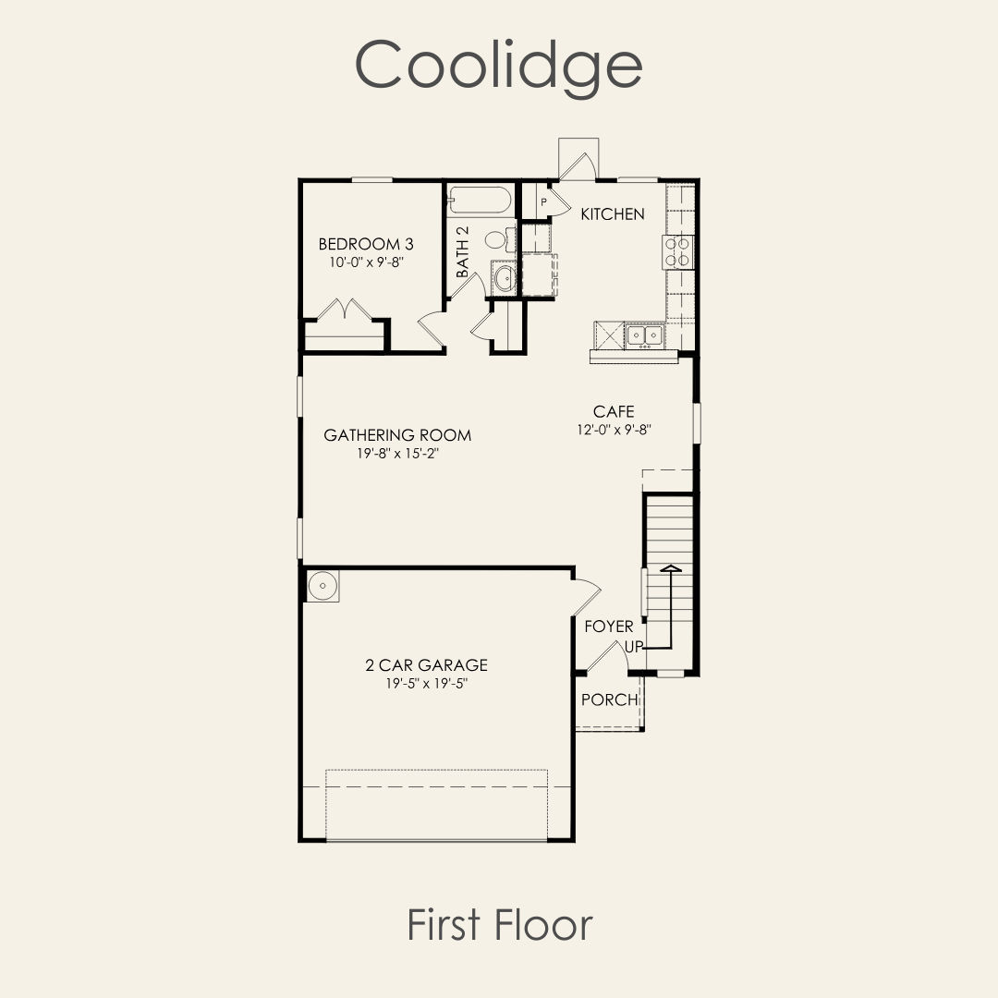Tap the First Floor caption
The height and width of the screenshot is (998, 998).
point(500,925)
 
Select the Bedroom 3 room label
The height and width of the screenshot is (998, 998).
point(366,244)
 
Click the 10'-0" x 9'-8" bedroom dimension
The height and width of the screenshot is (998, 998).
point(367,262)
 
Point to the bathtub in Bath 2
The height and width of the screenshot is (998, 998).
point(480,200)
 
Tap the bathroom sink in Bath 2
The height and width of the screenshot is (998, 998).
point(504,277)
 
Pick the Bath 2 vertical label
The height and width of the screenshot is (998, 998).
point(463,251)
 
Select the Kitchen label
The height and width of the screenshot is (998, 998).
point(613,214)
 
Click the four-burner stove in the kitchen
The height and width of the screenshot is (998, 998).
point(678,251)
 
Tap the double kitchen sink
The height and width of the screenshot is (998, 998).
point(644,335)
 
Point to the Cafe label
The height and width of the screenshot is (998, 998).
point(614,411)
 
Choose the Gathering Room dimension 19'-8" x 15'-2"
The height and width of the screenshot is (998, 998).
point(397,454)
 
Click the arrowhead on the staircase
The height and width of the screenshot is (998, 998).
point(671,567)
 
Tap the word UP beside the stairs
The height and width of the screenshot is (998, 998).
point(634,647)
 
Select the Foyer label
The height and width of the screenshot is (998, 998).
point(608,627)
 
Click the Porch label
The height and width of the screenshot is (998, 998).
point(610,700)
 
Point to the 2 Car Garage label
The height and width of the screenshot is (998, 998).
point(426,665)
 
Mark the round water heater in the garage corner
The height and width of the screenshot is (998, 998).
point(323,586)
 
